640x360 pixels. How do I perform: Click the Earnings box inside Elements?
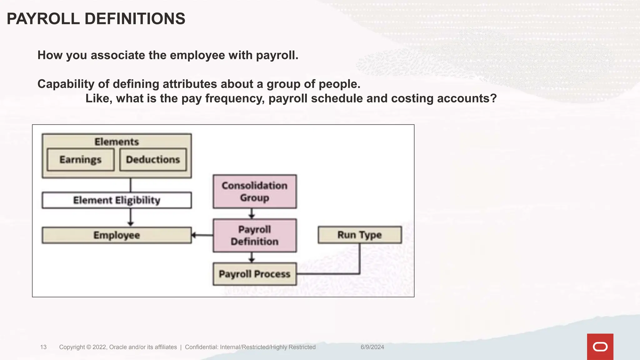[81, 160]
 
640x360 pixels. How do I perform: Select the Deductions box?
[153, 160]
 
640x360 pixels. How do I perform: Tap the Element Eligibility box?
[117, 200]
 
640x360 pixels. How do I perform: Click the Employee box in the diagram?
[117, 235]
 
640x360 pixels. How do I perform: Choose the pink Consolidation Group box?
[255, 192]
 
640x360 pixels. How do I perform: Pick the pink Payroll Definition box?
[255, 236]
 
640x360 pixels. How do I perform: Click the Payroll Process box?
[255, 274]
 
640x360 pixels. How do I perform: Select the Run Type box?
[360, 235]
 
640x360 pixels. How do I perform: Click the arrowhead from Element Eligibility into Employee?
[131, 223]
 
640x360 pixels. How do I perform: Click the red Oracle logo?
[600, 347]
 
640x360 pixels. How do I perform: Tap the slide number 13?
[43, 347]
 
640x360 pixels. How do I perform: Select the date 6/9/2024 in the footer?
[372, 347]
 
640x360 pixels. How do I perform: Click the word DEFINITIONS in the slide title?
[135, 19]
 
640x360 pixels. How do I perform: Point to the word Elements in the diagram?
[117, 142]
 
